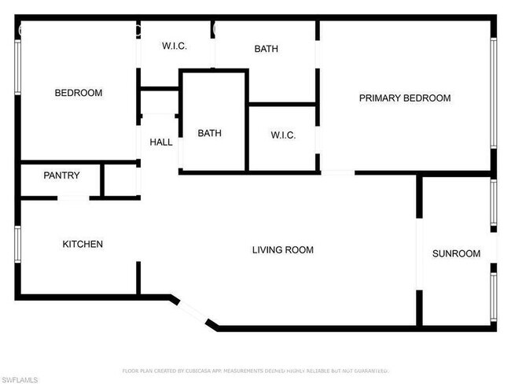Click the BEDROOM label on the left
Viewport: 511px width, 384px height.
click(x=78, y=93)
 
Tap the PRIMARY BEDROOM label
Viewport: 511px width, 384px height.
click(x=404, y=98)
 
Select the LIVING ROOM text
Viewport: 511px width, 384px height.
click(x=282, y=250)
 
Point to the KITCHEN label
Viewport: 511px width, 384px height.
click(x=83, y=244)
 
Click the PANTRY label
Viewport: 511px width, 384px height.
click(x=61, y=175)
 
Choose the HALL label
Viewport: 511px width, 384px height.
click(x=161, y=142)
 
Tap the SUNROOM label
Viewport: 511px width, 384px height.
click(x=456, y=253)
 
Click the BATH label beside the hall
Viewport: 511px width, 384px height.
click(x=209, y=133)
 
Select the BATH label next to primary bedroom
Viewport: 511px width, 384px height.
click(x=266, y=49)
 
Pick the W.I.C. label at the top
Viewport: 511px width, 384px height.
click(x=174, y=46)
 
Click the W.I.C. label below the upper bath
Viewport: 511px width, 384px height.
click(x=283, y=135)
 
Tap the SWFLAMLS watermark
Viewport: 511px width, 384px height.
click(x=20, y=380)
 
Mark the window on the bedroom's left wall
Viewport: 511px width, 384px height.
click(x=17, y=68)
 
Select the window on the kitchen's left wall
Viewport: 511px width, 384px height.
click(x=17, y=244)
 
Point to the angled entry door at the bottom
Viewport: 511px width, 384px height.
click(x=193, y=313)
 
